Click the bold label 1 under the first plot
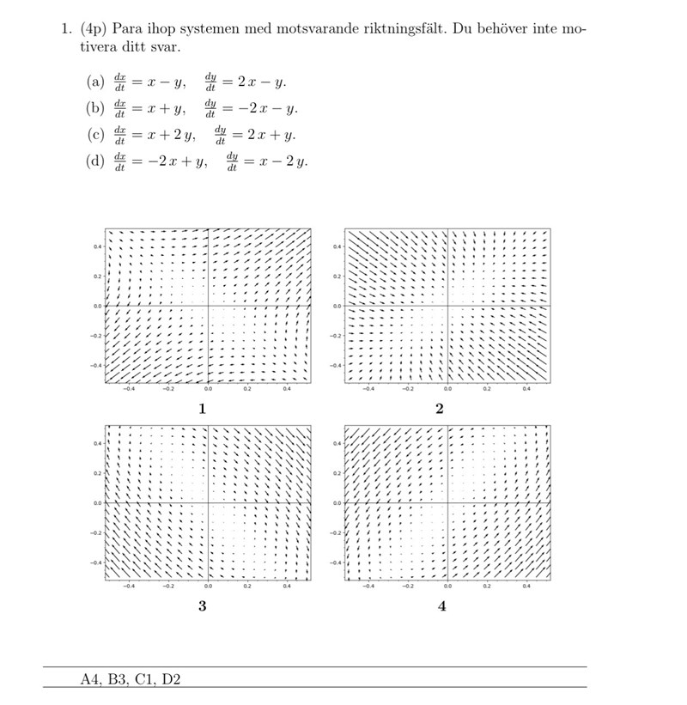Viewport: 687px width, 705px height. click(202, 409)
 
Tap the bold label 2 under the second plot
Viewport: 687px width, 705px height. click(440, 409)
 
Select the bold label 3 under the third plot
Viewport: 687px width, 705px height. click(202, 606)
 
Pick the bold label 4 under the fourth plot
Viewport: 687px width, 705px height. click(441, 606)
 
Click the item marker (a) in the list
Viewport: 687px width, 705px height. click(95, 82)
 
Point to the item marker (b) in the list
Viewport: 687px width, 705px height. click(95, 108)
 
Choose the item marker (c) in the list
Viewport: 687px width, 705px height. click(95, 135)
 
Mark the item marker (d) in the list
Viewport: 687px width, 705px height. click(95, 161)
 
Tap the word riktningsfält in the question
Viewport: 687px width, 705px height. click(405, 28)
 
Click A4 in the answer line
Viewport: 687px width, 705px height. click(90, 680)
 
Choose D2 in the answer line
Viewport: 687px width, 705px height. click(171, 680)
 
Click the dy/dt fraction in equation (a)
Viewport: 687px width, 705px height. click(210, 82)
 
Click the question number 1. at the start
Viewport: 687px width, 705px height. click(65, 28)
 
